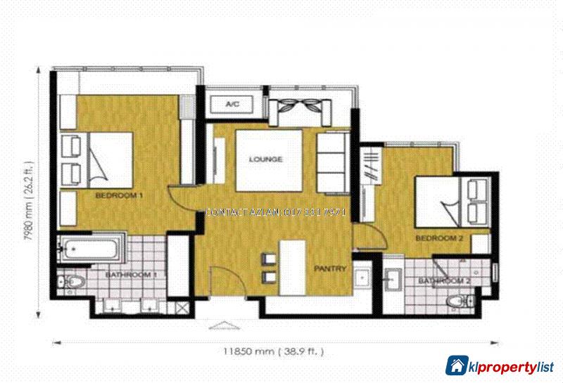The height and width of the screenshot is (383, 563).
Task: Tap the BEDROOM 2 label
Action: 438,239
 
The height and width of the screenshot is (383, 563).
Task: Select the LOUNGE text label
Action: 266,160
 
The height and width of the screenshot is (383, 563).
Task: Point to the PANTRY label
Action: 329,268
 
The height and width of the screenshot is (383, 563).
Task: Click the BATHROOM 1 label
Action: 131,275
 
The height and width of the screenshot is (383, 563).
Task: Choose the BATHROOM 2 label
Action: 444,281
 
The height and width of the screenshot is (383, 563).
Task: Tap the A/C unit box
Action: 232,105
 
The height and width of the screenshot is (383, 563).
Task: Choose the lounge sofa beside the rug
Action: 332,162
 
